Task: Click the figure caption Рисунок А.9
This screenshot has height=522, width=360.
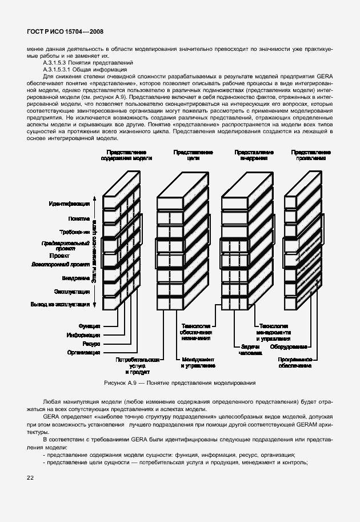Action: [123, 382]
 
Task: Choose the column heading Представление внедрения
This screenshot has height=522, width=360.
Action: [254, 156]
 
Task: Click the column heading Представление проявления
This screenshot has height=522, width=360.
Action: [310, 156]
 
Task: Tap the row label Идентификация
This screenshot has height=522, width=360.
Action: [69, 204]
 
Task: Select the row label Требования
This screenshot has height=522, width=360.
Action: [74, 232]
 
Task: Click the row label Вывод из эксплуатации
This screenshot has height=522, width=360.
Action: [60, 305]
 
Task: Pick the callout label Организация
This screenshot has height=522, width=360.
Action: [83, 353]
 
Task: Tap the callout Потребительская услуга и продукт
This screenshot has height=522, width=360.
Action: [137, 365]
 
